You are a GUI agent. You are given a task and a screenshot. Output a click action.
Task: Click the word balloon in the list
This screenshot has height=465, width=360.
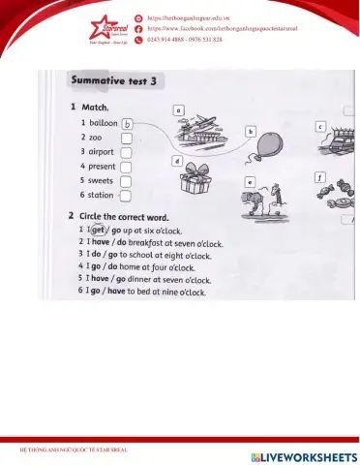(103, 124)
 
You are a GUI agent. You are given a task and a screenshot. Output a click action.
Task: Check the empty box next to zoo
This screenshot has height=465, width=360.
(126, 139)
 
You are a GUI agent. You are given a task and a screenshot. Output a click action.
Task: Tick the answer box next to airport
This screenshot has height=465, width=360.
(126, 152)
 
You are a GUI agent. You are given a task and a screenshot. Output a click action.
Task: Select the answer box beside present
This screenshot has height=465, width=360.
(126, 166)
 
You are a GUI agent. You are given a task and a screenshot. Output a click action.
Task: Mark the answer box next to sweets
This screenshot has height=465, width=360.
(126, 180)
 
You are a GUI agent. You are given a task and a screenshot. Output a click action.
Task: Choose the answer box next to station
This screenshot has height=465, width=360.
(126, 195)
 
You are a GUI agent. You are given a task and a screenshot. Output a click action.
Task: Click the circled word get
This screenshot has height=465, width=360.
(98, 230)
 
